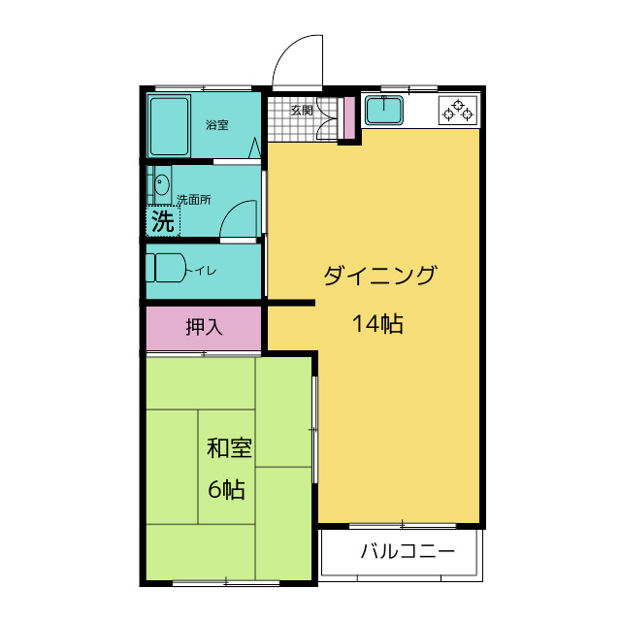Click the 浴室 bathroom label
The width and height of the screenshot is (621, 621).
[x=216, y=125]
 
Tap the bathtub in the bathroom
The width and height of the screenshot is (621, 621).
[x=170, y=126]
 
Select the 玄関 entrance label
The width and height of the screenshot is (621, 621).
[x=302, y=111]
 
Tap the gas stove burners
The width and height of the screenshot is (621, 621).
[x=459, y=112]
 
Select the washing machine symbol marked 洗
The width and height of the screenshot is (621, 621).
[x=162, y=221]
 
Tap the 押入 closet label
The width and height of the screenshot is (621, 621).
[x=204, y=328]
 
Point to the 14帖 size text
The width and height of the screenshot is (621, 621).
[x=377, y=325]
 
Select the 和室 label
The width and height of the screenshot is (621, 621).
[x=230, y=449]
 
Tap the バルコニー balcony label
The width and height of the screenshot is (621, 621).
[x=408, y=554]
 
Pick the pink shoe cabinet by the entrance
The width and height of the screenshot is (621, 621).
[x=348, y=118]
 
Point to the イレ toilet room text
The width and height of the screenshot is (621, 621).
[x=204, y=271]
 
